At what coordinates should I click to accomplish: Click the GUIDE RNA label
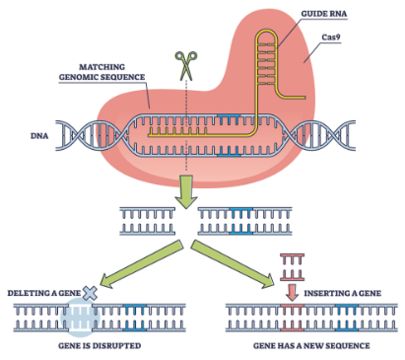[x=324, y=14]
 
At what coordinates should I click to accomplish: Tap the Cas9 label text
[x=331, y=37]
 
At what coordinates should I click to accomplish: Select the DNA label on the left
[x=39, y=136]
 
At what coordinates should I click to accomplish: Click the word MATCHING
[x=101, y=67]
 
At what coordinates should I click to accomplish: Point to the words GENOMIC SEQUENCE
[x=101, y=77]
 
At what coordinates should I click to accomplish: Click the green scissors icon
[x=186, y=66]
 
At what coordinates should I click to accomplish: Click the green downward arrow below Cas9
[x=186, y=191]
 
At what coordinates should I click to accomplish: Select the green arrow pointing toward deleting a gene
[x=142, y=264]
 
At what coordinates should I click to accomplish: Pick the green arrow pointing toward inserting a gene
[x=233, y=264]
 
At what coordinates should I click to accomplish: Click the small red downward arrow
[x=292, y=292]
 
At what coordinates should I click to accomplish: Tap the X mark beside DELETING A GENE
[x=90, y=293]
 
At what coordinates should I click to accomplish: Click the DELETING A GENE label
[x=44, y=293]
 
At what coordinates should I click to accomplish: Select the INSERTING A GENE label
[x=343, y=293]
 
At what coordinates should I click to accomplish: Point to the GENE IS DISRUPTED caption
[x=100, y=346]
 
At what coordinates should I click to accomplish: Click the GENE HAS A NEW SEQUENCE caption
[x=311, y=346]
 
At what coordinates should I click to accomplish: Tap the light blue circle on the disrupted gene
[x=80, y=318]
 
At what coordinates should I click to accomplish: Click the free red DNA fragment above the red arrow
[x=292, y=267]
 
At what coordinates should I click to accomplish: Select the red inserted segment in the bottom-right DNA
[x=292, y=318]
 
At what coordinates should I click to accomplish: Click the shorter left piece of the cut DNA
[x=147, y=221]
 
